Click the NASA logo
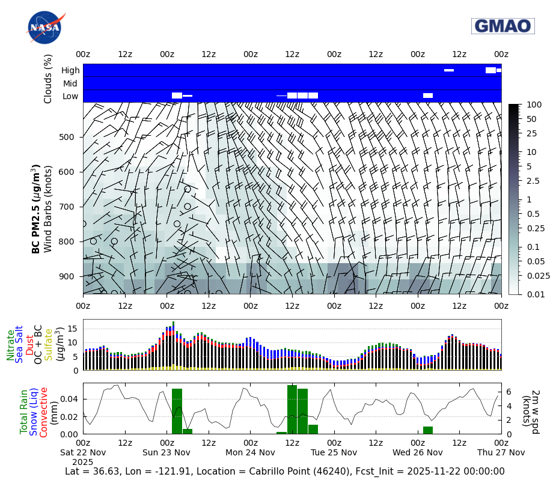point(44,28)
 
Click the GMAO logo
point(503,26)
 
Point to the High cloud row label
point(70,70)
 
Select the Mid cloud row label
point(70,84)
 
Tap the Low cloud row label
point(70,96)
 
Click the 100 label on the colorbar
point(533,105)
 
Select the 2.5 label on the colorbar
point(533,181)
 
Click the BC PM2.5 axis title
point(36,208)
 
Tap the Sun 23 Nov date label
point(166,452)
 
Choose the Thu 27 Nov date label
point(501,452)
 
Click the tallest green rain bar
point(292,409)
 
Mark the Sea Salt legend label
point(20,344)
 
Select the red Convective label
point(44,412)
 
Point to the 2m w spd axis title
point(530,409)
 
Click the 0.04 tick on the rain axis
point(70,399)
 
